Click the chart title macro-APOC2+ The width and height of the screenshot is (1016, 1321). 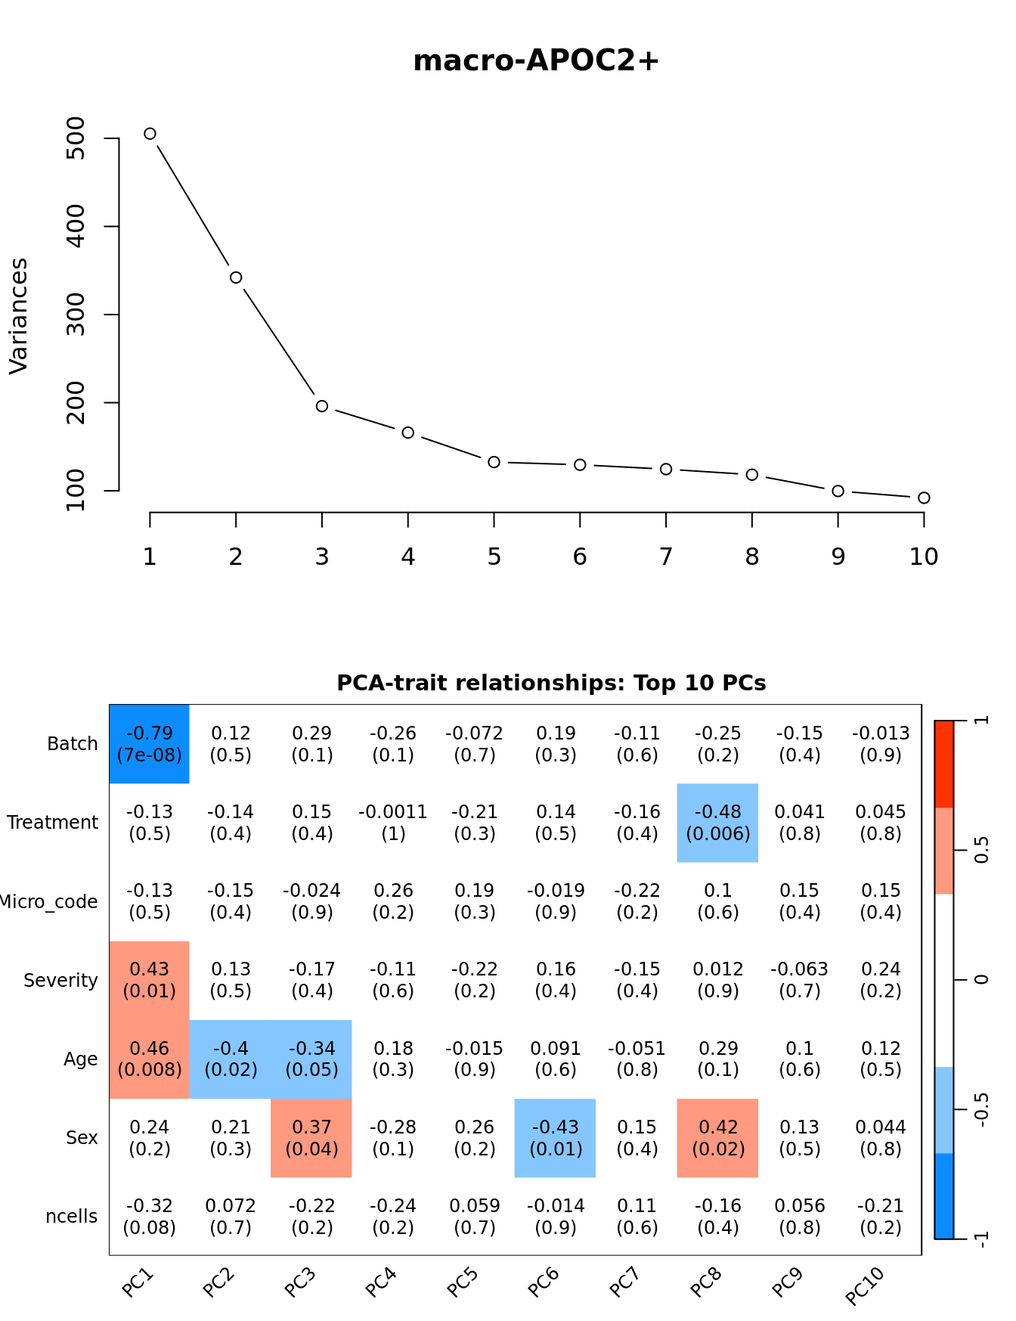coord(536,60)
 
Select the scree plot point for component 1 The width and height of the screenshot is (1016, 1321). coord(150,134)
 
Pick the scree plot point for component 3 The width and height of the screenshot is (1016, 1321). coord(322,406)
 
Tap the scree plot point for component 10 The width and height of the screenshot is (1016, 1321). coord(924,498)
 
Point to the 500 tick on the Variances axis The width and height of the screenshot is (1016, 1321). coord(76,138)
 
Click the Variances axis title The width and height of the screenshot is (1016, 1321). coord(18,315)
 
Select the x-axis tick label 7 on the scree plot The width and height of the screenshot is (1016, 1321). coord(666,557)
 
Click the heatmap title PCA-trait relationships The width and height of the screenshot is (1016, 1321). coord(551,683)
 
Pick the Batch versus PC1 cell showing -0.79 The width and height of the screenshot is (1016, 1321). coord(150,744)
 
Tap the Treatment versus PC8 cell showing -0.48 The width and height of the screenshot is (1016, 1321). coord(717,823)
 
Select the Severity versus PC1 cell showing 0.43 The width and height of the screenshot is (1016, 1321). coord(150,980)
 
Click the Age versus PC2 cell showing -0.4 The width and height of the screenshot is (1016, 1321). coord(231,1059)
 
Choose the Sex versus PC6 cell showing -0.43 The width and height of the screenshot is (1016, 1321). coord(555,1138)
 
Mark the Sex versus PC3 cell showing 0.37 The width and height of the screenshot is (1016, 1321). coord(311,1138)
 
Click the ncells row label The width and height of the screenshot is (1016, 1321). coord(72,1217)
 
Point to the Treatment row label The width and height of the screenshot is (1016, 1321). coord(53,823)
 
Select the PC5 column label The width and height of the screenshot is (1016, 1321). coord(462,1282)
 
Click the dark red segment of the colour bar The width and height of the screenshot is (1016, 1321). coord(944,764)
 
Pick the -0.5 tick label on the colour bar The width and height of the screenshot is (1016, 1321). coord(981,1109)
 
